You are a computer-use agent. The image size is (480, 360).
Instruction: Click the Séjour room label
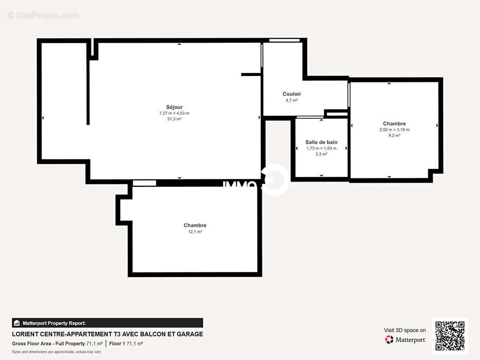click(174, 107)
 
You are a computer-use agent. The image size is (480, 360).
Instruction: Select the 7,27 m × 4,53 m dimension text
click(174, 113)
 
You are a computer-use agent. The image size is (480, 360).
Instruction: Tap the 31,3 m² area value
click(174, 119)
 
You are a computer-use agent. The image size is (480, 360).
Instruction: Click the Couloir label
click(292, 94)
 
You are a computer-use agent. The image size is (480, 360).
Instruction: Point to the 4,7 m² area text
click(292, 100)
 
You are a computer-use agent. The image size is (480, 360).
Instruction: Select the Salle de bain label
click(321, 142)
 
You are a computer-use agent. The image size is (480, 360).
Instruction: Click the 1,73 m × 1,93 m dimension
click(321, 148)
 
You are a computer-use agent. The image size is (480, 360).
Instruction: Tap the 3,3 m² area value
click(321, 154)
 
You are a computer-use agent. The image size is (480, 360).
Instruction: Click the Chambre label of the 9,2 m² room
click(394, 124)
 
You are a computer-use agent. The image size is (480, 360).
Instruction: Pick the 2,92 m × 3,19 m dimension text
click(394, 130)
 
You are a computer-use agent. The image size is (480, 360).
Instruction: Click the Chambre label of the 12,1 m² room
click(195, 225)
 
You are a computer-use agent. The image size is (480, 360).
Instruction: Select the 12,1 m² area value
click(195, 232)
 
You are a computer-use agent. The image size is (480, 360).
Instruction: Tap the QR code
click(450, 336)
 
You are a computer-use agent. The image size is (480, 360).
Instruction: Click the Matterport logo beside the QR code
click(405, 340)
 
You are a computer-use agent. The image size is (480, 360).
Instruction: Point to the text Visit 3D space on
click(404, 330)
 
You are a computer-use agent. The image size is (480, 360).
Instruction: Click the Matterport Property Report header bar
click(107, 323)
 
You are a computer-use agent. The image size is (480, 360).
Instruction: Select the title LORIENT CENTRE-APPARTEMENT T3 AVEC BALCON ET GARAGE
click(107, 334)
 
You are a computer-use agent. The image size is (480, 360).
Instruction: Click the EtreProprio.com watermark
click(43, 16)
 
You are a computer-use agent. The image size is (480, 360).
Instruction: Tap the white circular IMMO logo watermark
click(275, 180)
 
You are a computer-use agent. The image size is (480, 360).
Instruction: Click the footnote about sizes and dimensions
click(56, 351)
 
